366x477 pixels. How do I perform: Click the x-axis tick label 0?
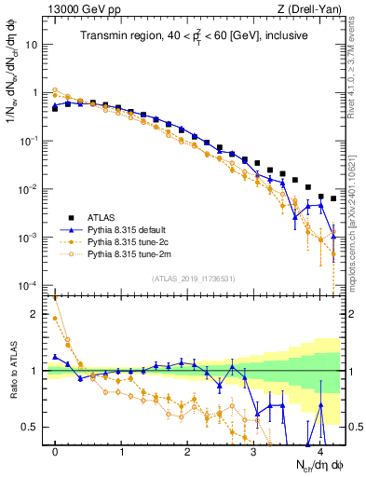[55, 451]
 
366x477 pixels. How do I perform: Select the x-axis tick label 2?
[187, 451]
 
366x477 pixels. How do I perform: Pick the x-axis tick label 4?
[319, 451]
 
